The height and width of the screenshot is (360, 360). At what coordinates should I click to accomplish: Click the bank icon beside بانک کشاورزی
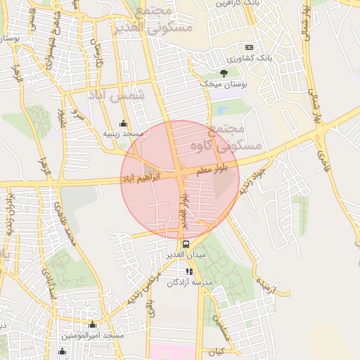(249, 46)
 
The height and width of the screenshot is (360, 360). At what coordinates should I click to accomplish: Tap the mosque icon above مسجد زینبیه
(124, 123)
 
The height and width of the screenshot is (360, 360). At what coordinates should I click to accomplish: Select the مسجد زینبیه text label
(123, 133)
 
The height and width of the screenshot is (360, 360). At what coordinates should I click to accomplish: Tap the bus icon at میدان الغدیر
(186, 244)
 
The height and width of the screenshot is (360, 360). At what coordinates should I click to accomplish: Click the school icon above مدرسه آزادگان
(188, 271)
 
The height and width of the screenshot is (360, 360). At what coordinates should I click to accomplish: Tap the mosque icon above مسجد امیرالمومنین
(92, 325)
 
